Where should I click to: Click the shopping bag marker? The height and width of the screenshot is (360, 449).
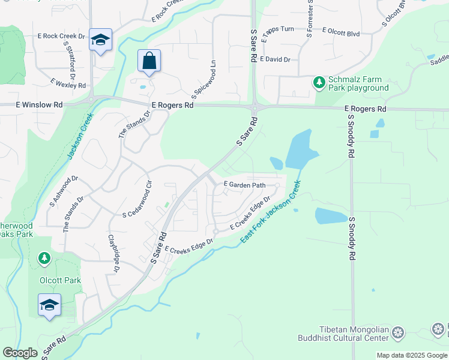[x=149, y=61]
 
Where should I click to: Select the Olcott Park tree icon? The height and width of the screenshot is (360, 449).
[x=44, y=259]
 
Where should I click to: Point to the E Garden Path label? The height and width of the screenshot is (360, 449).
[x=244, y=185]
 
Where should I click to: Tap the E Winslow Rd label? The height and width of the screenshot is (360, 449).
[x=39, y=104]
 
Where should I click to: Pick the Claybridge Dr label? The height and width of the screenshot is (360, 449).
[x=113, y=254]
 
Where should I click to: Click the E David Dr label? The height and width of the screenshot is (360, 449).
[x=276, y=60]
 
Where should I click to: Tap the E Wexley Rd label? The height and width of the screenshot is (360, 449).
[x=68, y=84]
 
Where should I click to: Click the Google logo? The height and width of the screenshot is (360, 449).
[x=20, y=353]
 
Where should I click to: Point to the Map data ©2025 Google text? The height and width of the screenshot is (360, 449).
[x=412, y=355]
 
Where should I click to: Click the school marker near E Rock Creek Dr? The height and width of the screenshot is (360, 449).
[x=100, y=40]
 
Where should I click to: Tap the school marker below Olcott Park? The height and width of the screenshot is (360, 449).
[x=49, y=304]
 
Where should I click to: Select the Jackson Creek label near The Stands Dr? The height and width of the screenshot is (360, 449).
[x=80, y=137]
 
